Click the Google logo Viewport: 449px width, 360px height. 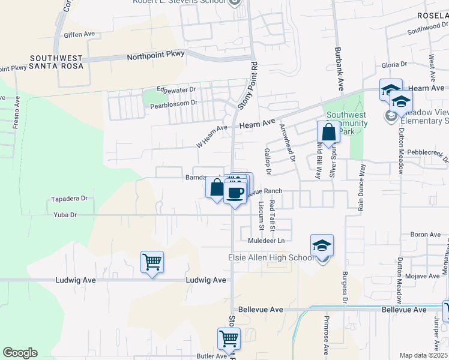click(20, 353)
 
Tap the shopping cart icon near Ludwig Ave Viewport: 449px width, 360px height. click(152, 262)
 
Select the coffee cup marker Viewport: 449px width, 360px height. click(235, 193)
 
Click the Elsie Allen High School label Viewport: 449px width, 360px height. click(271, 258)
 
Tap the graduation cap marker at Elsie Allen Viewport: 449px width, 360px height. click(322, 246)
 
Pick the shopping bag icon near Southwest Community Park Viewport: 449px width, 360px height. click(328, 132)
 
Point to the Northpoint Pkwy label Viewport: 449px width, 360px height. click(155, 57)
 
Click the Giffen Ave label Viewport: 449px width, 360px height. click(79, 35)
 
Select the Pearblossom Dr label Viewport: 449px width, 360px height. click(173, 103)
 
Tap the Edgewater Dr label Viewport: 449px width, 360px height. click(176, 89)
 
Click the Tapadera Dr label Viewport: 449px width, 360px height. click(69, 198)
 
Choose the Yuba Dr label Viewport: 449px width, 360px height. click(65, 214)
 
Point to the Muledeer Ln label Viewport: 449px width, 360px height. click(265, 241)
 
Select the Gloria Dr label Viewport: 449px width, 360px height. click(394, 64)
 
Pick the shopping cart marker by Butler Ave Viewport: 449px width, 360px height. click(229, 339)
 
